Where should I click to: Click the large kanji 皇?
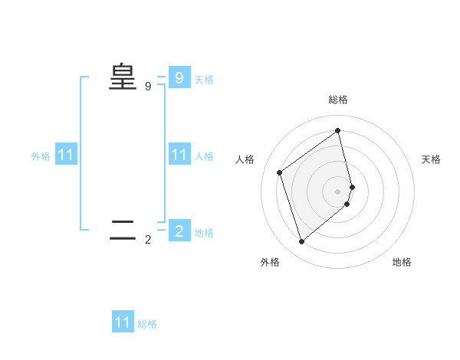(123, 77)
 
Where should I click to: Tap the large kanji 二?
(123, 230)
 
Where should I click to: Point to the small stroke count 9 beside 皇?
(148, 87)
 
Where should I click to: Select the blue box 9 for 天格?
(179, 77)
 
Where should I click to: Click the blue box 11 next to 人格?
(179, 155)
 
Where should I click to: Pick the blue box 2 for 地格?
(179, 231)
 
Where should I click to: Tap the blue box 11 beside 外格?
(66, 155)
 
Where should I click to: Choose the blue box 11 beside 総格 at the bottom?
(123, 322)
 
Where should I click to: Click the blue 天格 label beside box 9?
(204, 79)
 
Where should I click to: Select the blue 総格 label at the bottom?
(147, 324)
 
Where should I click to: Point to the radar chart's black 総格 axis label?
(338, 100)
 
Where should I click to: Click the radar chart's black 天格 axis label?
(431, 159)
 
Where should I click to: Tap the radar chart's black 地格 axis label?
(402, 262)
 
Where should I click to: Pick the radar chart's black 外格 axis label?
(269, 262)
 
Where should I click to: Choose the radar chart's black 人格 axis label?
(245, 159)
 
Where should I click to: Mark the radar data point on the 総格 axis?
(338, 130)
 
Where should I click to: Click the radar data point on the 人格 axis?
(280, 172)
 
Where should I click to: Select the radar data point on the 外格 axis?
(302, 242)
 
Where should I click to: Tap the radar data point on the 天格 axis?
(352, 187)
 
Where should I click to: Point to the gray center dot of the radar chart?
(338, 191)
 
